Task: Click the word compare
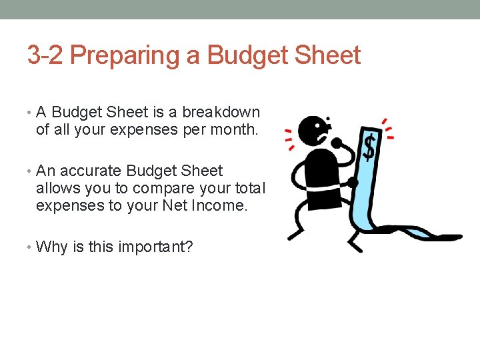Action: tap(167, 189)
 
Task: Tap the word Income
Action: tap(219, 206)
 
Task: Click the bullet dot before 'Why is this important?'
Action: tap(30, 248)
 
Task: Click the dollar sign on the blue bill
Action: tap(369, 148)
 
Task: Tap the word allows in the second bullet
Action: tap(57, 189)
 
